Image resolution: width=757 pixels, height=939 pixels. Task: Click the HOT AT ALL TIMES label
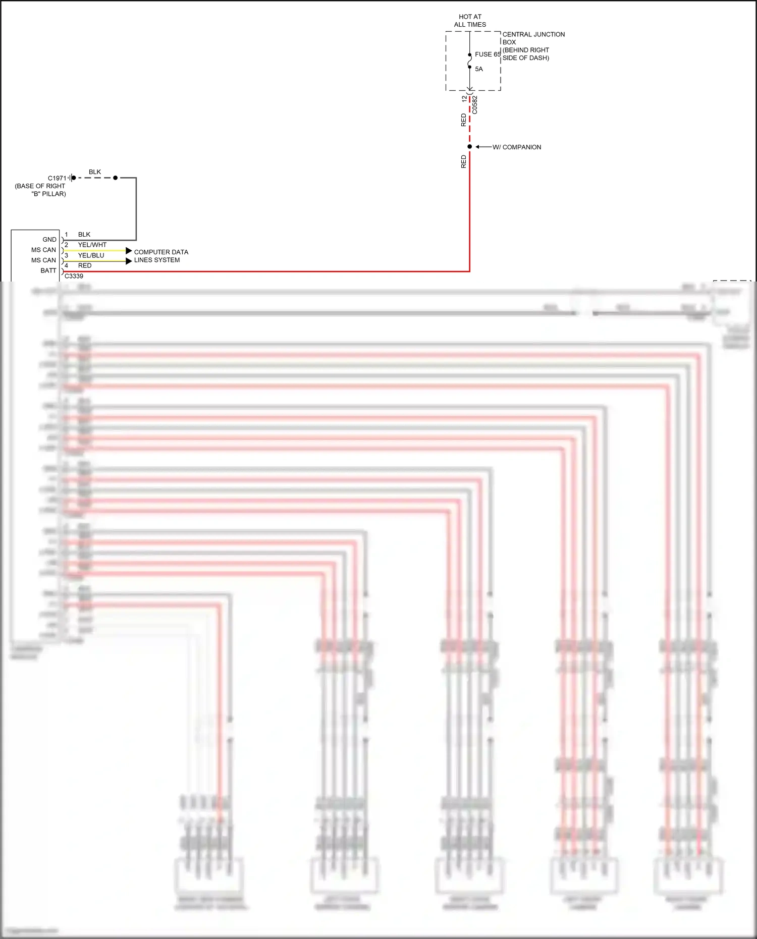[x=470, y=21]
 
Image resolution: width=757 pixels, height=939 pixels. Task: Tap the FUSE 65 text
[x=488, y=54]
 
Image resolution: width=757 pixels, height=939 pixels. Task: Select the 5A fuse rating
[x=478, y=69]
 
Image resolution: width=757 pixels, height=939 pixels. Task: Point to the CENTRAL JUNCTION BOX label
[x=533, y=38]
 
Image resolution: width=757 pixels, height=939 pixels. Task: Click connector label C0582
[x=475, y=105]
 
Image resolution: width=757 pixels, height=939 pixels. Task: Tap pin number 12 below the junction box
[x=464, y=99]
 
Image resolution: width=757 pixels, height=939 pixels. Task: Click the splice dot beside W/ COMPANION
[x=469, y=147]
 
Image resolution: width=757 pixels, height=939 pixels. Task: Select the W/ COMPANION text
[x=517, y=147]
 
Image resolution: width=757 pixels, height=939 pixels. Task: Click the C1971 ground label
[x=57, y=178]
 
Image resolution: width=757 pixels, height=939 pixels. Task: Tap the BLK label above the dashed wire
[x=95, y=172]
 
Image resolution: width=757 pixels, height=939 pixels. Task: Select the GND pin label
[x=49, y=240]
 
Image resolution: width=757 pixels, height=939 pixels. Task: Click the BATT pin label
[x=48, y=271]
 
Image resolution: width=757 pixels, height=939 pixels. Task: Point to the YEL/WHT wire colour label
[x=92, y=245]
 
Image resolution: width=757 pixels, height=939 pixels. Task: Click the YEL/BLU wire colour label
[x=91, y=255]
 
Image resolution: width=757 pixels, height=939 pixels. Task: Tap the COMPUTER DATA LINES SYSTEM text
[x=161, y=256]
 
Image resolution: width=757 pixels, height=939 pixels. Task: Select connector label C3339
[x=74, y=276]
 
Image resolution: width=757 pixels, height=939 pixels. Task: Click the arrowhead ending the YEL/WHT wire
[x=129, y=251]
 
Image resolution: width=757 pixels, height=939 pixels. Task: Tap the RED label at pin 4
[x=85, y=266]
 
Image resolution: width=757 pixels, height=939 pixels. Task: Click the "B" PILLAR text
[x=48, y=194]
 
